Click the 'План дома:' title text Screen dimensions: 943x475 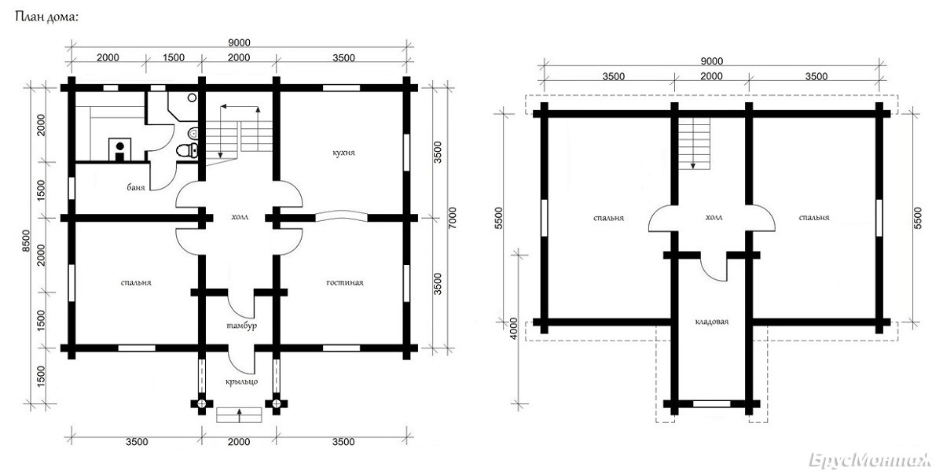46,17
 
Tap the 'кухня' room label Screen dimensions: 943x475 343,153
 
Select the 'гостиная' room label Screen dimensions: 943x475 345,282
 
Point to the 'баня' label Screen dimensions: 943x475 135,187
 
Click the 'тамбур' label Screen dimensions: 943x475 242,326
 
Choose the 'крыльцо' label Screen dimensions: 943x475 242,382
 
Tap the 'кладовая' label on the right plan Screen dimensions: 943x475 711,322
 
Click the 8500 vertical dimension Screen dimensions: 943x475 26,241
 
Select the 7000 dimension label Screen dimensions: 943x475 452,218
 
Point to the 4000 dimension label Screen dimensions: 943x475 512,330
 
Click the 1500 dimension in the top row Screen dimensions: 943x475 174,57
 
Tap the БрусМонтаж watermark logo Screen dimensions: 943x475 870,460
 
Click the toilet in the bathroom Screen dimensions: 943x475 186,150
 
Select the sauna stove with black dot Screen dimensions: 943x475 120,149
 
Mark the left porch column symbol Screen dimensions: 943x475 202,403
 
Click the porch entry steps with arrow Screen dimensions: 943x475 239,415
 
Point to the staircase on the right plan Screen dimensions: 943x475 694,144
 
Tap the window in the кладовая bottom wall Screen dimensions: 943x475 711,403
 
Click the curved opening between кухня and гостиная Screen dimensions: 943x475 341,215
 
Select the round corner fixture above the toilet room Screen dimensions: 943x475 192,98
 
